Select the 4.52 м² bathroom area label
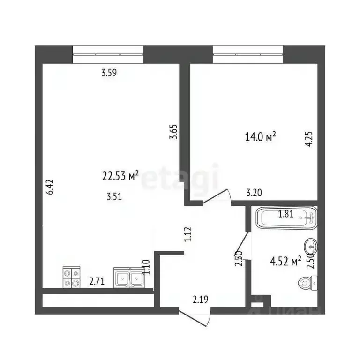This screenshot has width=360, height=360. [x=285, y=261]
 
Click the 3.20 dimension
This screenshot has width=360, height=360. [x=254, y=191]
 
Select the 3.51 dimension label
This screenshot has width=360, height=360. [x=114, y=197]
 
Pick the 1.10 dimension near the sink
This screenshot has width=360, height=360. [x=146, y=267]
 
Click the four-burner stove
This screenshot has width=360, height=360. [x=72, y=277]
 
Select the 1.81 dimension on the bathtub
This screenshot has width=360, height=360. [x=286, y=214]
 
